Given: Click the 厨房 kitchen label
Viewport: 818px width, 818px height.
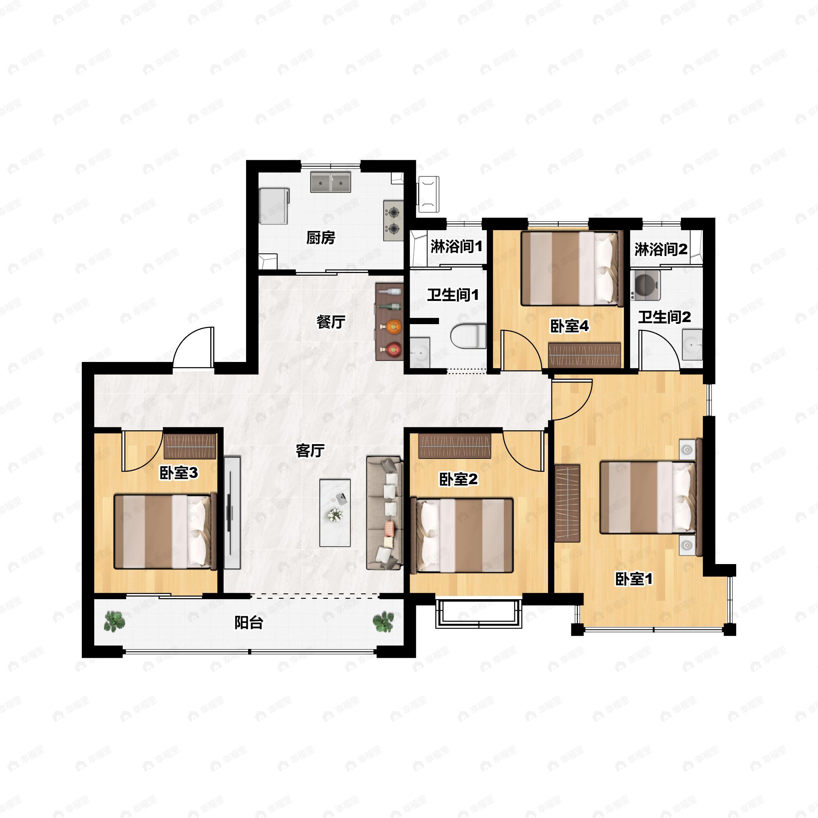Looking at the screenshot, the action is pyautogui.click(x=320, y=238).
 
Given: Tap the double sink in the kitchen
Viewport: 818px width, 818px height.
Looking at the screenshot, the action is pyautogui.click(x=331, y=182).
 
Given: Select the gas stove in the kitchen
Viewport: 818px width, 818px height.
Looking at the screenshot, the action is pyautogui.click(x=393, y=220).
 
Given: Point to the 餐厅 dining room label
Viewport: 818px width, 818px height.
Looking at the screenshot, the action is pyautogui.click(x=331, y=322).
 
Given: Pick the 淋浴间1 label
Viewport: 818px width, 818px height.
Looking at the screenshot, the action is pyautogui.click(x=456, y=246).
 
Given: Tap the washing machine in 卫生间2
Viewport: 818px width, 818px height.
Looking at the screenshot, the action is pyautogui.click(x=645, y=285).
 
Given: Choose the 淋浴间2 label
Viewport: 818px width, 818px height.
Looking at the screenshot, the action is pyautogui.click(x=661, y=249).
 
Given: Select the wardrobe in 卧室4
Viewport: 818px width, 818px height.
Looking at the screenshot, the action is pyautogui.click(x=584, y=355).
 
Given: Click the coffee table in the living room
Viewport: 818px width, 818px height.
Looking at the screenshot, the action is pyautogui.click(x=335, y=513).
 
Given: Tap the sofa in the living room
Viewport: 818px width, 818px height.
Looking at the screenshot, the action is pyautogui.click(x=384, y=513).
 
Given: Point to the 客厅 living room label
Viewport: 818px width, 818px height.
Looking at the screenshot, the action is pyautogui.click(x=310, y=451).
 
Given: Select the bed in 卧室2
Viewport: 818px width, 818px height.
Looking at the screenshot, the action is pyautogui.click(x=461, y=535).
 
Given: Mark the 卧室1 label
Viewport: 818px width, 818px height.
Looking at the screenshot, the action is pyautogui.click(x=634, y=579).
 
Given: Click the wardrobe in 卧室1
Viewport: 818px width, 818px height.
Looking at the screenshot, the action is pyautogui.click(x=567, y=503).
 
